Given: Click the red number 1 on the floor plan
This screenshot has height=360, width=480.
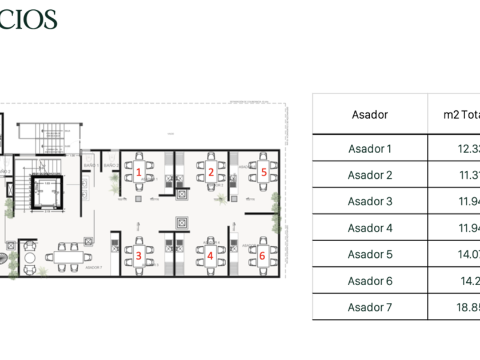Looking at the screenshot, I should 139,171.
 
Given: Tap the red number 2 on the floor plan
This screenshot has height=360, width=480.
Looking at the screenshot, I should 211,171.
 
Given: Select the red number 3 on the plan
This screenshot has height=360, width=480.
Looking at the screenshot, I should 138,256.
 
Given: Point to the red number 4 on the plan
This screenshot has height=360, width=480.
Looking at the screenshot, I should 210,256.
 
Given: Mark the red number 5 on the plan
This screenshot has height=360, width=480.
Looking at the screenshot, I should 263,171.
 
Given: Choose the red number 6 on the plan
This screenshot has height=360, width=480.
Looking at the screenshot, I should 262,255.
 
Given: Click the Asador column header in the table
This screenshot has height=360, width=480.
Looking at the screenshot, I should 370,114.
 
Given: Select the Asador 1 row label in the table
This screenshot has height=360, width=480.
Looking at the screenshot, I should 370,149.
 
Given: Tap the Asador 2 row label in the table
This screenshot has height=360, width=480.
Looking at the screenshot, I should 370,175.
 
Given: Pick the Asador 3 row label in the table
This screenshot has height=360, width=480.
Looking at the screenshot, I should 370,201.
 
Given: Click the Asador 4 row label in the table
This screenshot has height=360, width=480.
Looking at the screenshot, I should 370,228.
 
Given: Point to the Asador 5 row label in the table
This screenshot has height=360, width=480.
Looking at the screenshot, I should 370,254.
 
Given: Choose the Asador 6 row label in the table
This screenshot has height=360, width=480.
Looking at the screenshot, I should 370,281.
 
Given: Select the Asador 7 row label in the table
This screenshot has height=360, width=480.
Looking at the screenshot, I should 370,307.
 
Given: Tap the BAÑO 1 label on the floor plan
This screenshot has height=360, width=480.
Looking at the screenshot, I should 91,165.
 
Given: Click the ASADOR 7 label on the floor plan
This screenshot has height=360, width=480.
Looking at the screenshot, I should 93,267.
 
